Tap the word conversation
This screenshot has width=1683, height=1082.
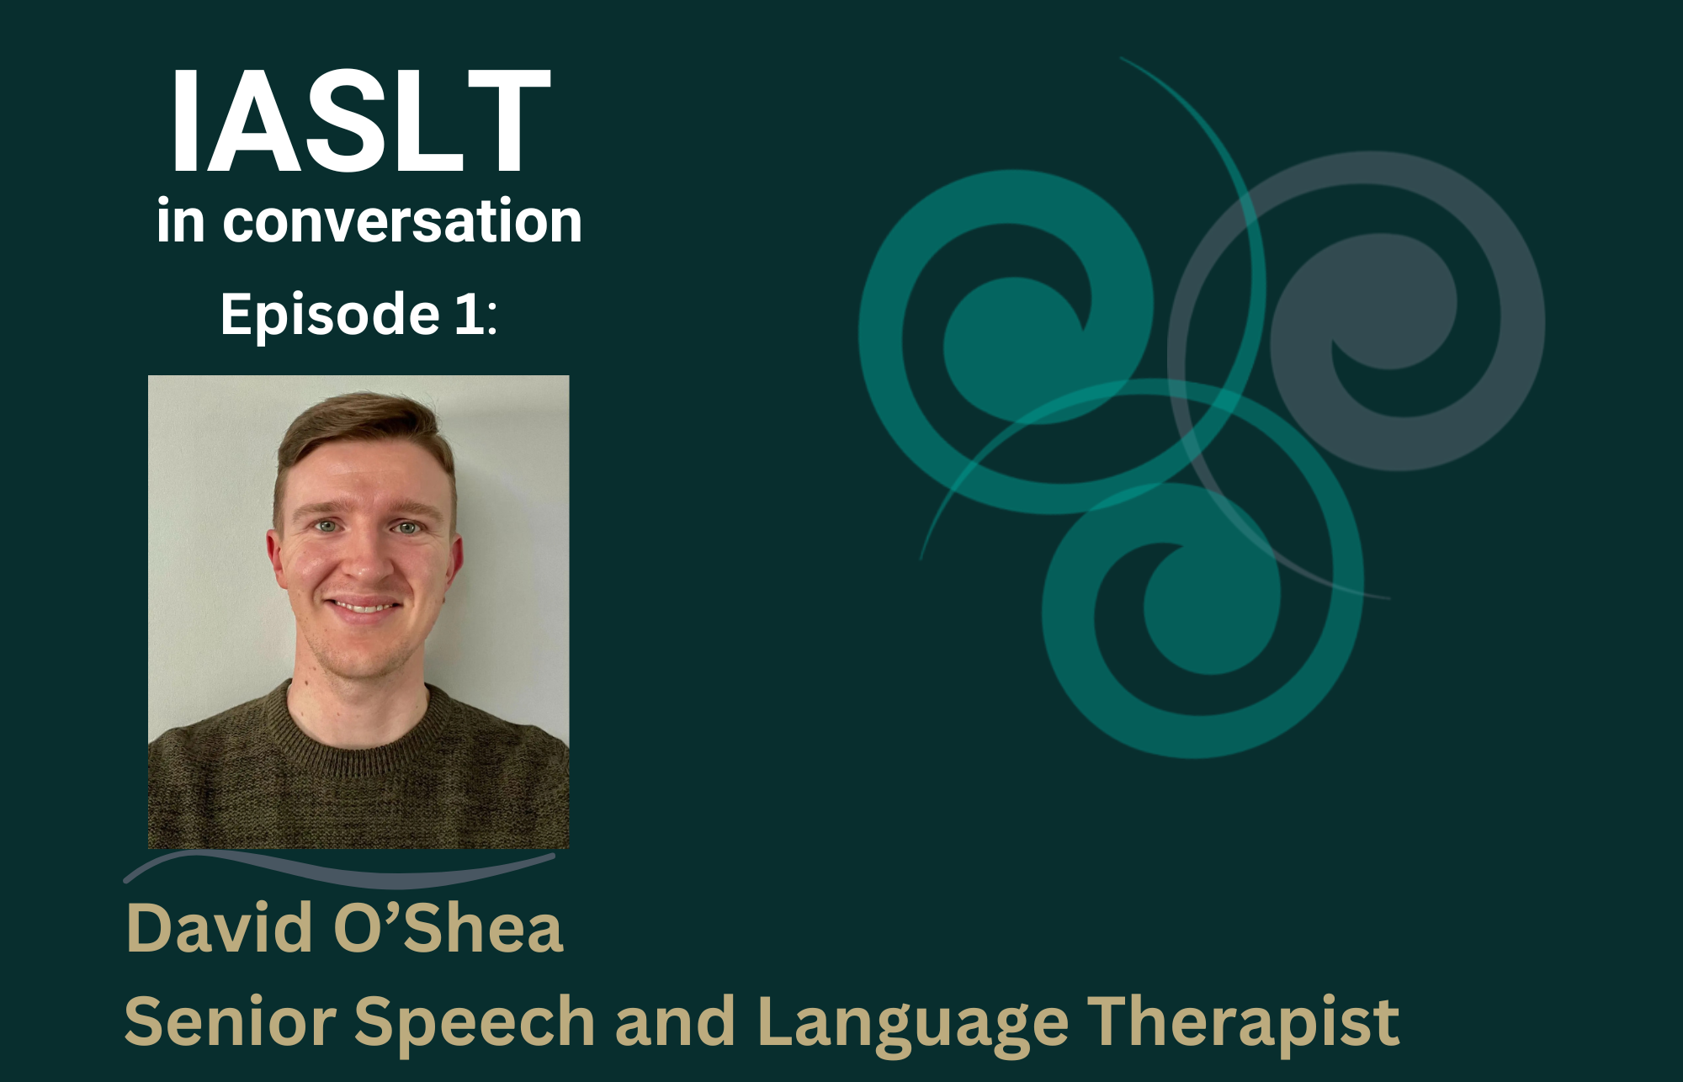pos(402,221)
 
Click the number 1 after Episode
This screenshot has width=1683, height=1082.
pos(470,313)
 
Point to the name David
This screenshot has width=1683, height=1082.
pos(220,927)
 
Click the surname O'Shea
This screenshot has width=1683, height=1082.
pos(449,927)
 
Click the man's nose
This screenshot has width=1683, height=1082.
pos(365,560)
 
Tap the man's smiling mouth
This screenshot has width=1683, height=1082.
pos(364,606)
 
